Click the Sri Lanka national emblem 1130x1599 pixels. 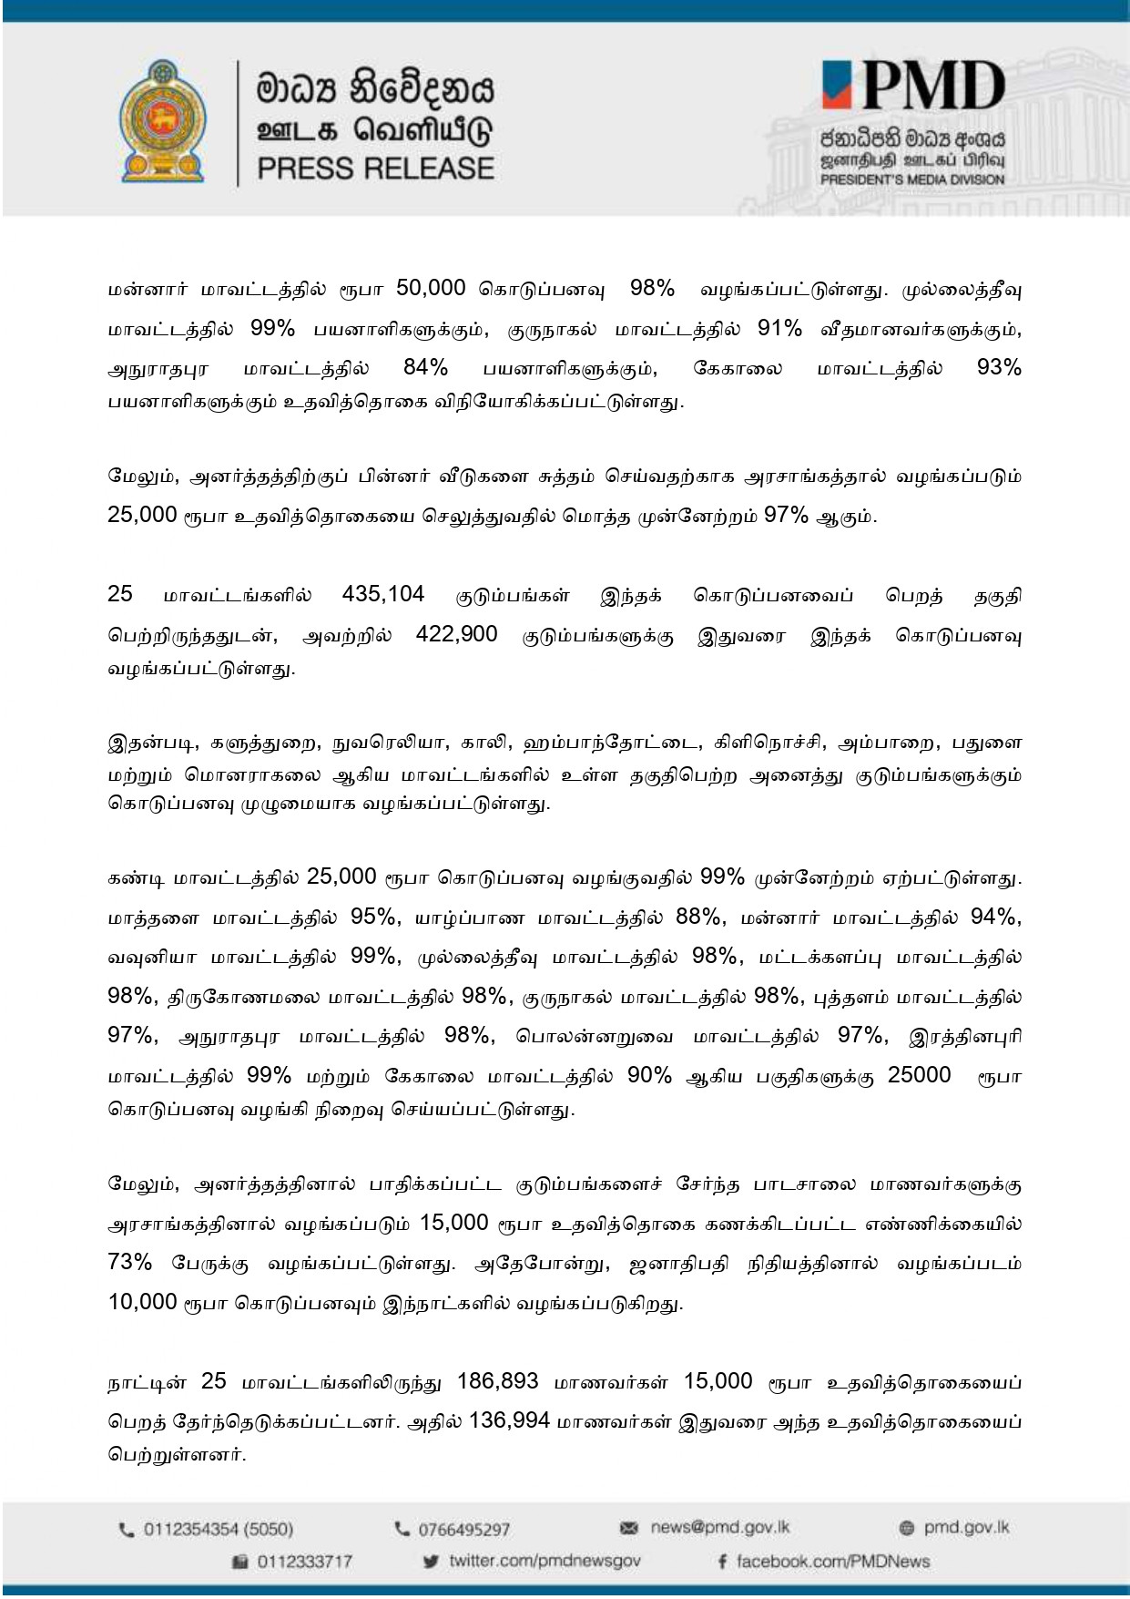[162, 122]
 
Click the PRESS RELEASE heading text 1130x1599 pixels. [375, 169]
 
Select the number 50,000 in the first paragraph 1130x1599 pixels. [432, 289]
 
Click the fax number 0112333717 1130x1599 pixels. [304, 1562]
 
